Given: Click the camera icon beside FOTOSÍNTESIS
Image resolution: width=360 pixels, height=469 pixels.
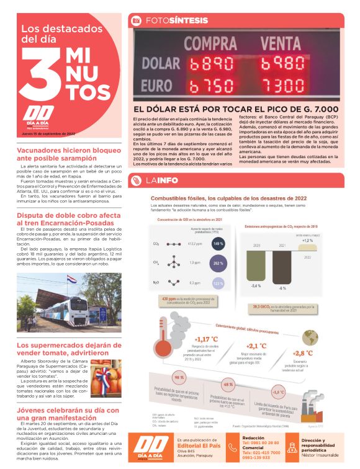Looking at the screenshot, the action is [135, 20].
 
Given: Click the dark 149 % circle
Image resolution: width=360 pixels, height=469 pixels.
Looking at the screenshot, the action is [218, 243].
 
